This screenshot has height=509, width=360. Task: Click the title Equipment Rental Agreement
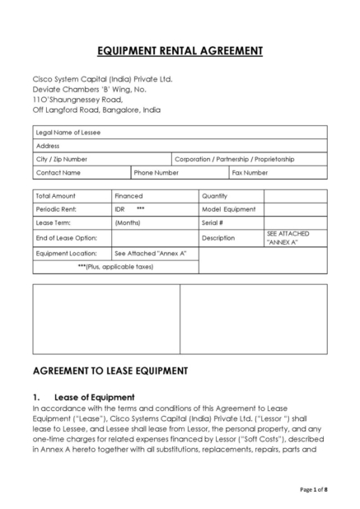[180, 51]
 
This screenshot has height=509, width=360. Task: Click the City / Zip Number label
[62, 159]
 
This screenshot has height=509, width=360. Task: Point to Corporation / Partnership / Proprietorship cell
[235, 159]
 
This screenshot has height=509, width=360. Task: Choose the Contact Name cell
[58, 173]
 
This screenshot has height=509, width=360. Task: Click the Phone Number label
[157, 173]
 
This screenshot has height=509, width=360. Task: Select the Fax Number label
[250, 173]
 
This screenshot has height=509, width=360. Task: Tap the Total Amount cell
[56, 196]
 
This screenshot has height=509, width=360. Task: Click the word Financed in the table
[129, 196]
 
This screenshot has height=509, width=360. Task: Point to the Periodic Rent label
[56, 209]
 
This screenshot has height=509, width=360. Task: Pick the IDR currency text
[120, 209]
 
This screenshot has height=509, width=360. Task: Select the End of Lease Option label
[61, 237]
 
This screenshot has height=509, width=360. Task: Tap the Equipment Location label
[66, 253]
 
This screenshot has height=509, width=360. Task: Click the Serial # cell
[213, 222]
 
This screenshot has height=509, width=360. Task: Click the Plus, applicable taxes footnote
[115, 267]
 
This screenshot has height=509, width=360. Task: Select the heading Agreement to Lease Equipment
[110, 371]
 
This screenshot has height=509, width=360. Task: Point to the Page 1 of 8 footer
[314, 490]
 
